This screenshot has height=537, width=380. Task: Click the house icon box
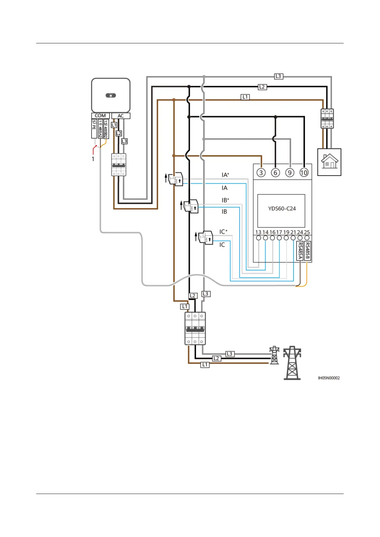click(x=329, y=162)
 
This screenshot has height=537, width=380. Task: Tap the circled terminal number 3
click(x=261, y=173)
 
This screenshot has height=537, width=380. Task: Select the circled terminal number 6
click(x=275, y=173)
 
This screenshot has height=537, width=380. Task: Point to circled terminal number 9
click(x=290, y=173)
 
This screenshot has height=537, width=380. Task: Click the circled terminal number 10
click(x=304, y=173)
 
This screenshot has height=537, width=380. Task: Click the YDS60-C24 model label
click(x=282, y=209)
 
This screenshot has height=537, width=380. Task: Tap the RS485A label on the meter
click(x=300, y=251)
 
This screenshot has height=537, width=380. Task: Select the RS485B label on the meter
click(x=307, y=251)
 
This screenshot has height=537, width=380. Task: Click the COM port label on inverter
click(x=100, y=115)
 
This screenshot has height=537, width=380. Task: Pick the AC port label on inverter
click(x=121, y=116)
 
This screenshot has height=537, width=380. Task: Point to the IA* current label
click(x=225, y=175)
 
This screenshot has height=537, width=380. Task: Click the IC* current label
click(x=223, y=232)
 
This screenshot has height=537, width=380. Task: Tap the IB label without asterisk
click(x=224, y=212)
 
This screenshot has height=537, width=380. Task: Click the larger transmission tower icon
click(x=292, y=363)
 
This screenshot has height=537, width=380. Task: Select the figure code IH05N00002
click(x=329, y=378)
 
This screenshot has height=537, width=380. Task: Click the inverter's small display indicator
click(x=111, y=95)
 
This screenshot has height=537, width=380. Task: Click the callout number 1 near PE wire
click(x=93, y=159)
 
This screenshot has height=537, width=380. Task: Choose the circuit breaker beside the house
click(x=327, y=118)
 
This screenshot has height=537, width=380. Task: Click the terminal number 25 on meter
click(x=307, y=232)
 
